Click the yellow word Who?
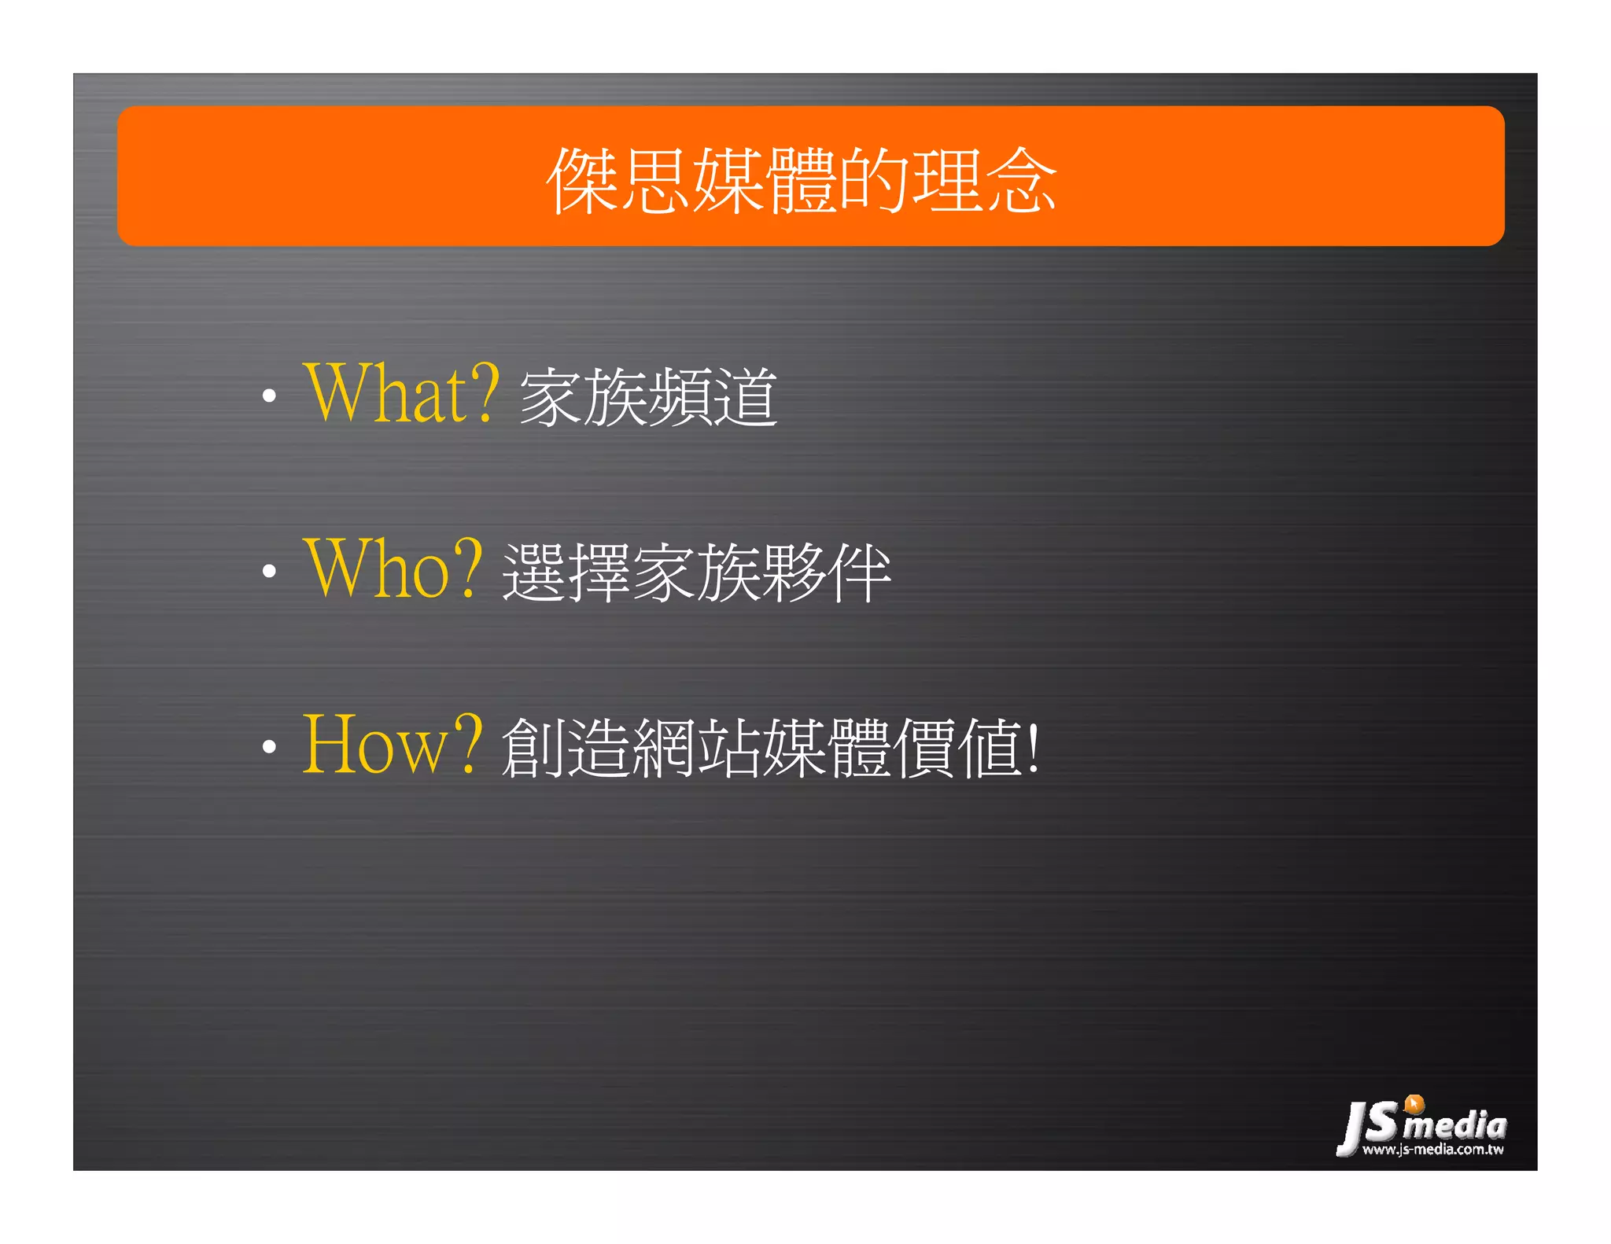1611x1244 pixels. (392, 569)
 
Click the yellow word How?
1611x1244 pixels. (392, 745)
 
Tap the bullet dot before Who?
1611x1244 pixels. (269, 572)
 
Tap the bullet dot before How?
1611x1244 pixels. (269, 746)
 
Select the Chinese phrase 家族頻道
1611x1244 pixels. (648, 397)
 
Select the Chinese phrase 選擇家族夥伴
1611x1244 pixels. (696, 572)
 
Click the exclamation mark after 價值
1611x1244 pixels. (1034, 747)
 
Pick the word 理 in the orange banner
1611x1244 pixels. (948, 181)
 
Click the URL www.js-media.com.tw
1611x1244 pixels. (1432, 1150)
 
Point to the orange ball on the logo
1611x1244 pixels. (1414, 1103)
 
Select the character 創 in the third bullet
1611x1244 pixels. (533, 748)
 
